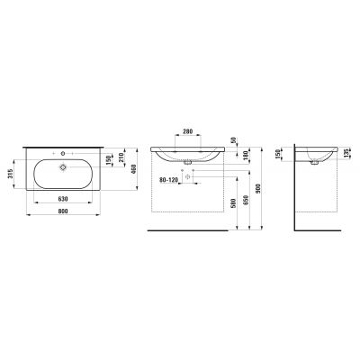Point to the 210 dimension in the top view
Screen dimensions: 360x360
coord(121,160)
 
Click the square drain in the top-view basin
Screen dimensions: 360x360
coord(64,166)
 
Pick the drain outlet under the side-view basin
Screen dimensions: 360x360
coord(313,165)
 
